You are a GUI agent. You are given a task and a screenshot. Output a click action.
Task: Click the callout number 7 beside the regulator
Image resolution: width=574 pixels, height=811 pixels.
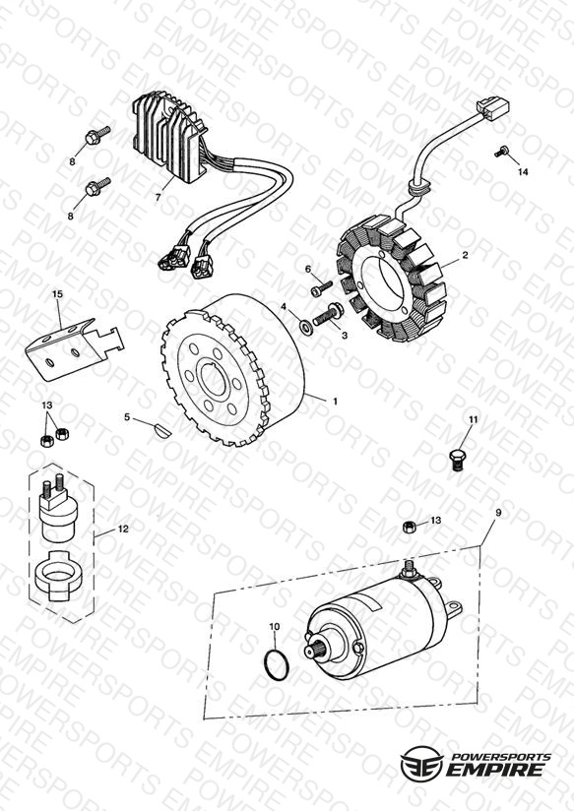158,197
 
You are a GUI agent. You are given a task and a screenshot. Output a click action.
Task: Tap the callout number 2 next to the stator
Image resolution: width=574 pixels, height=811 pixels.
465,255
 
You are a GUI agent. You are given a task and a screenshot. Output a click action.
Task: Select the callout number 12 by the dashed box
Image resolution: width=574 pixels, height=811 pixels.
123,530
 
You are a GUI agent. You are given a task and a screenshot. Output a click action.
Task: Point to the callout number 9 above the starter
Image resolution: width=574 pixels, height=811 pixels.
498,513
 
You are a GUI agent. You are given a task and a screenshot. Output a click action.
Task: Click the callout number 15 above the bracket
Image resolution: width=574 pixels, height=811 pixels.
57,293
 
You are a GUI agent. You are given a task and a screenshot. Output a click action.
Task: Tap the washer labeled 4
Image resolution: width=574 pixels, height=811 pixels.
305,326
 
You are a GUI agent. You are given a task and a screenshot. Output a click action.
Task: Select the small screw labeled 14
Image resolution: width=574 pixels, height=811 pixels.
500,152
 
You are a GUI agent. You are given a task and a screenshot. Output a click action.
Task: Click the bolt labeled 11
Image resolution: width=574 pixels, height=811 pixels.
456,460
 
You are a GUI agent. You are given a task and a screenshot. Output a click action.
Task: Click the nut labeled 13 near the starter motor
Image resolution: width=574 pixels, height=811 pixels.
409,527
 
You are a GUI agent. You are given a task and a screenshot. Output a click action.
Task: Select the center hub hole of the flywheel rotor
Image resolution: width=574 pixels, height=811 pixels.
214,378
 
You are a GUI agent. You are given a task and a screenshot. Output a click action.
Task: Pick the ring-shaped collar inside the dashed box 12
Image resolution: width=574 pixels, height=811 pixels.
57,575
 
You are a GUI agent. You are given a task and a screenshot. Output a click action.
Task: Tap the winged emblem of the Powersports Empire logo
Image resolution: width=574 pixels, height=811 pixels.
421,762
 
